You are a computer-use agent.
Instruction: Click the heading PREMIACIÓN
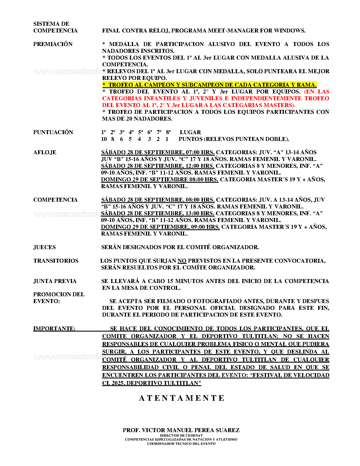point(53,44)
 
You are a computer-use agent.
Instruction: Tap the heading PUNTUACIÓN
point(53,132)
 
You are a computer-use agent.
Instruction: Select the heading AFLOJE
point(45,153)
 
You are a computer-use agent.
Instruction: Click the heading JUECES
point(45,247)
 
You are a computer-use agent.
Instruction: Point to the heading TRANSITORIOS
point(56,261)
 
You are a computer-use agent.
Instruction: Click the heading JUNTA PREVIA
point(55,281)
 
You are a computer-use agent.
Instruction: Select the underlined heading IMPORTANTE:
point(54,329)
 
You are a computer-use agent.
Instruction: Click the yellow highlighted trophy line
point(209,85)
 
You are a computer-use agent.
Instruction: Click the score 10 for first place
point(104,139)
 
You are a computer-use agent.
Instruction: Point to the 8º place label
point(168,132)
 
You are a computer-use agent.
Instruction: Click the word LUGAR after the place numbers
point(190,132)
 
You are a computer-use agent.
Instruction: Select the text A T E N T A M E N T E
point(182,398)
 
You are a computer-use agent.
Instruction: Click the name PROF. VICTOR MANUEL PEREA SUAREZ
point(181,430)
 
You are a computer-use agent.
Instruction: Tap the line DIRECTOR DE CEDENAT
point(181,435)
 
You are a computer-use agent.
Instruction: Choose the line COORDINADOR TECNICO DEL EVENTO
point(181,444)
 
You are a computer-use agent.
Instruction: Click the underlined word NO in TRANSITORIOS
point(182,261)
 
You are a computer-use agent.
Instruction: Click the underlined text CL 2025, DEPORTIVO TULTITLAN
point(151,383)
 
